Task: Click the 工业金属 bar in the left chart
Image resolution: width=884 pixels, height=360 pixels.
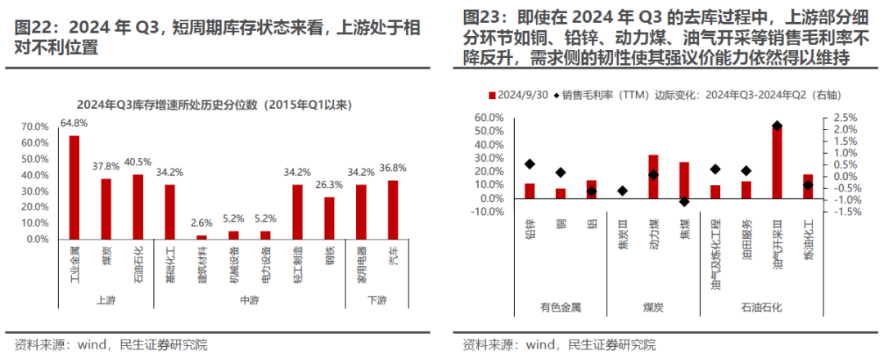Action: click(74, 187)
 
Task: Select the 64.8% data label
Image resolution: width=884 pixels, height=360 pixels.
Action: click(74, 124)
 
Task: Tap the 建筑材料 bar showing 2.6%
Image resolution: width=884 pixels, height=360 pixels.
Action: click(202, 237)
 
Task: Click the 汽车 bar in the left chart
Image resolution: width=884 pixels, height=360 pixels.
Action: click(393, 210)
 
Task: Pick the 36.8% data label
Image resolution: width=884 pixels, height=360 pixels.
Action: click(393, 168)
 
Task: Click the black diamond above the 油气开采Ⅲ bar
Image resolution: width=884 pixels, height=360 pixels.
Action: click(777, 126)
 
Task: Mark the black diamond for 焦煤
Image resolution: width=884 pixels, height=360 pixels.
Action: click(684, 201)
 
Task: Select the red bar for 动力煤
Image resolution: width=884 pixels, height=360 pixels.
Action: click(653, 177)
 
